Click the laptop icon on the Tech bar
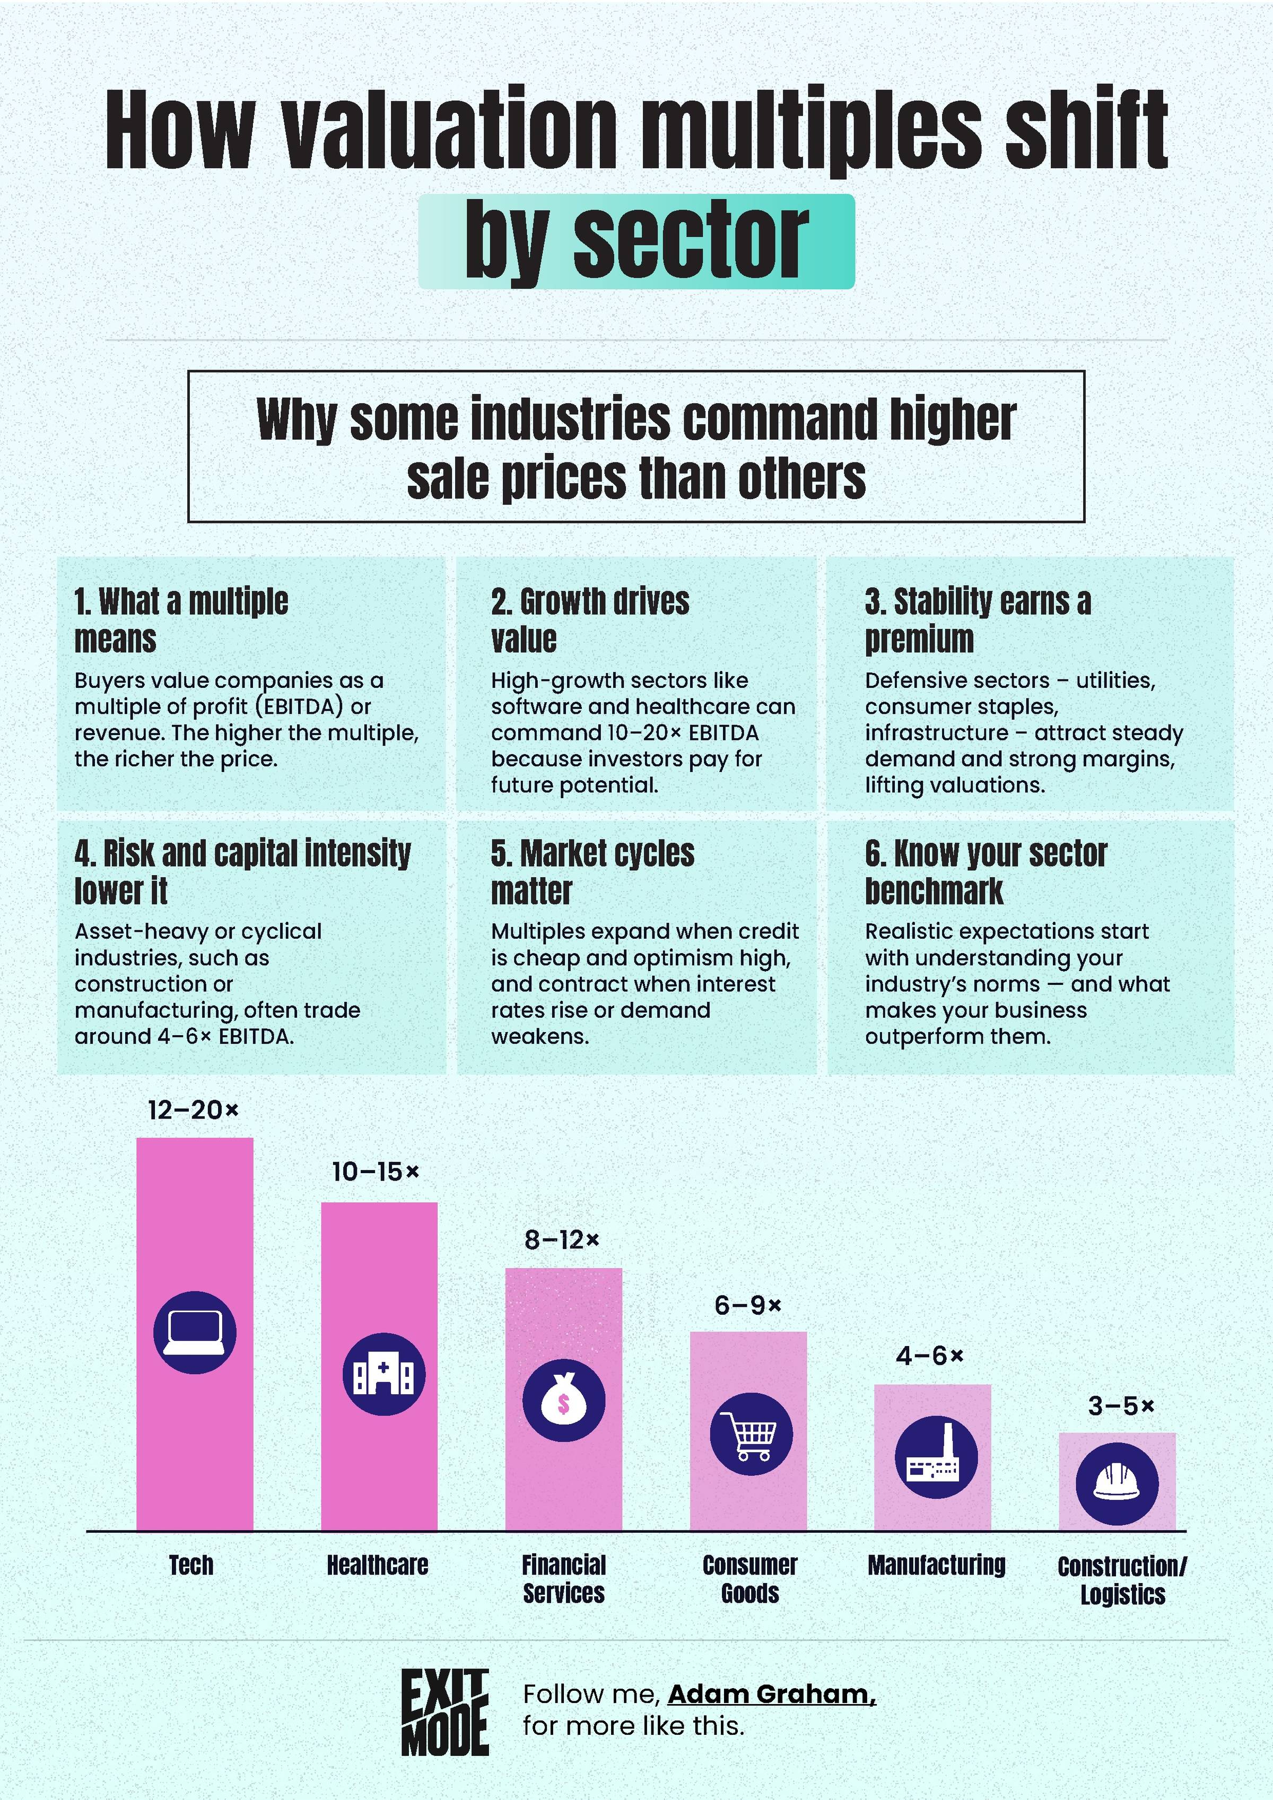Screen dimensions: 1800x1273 tap(195, 1333)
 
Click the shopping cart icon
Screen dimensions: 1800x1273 tap(751, 1434)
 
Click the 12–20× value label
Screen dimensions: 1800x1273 tap(193, 1110)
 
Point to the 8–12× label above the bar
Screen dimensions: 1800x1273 tap(561, 1239)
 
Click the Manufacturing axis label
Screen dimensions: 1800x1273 tap(936, 1566)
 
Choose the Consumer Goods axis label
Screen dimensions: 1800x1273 tap(750, 1579)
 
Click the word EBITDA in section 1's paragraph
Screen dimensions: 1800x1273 tap(300, 706)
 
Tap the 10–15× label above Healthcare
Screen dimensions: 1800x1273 tap(376, 1172)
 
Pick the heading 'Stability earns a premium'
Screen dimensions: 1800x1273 tap(978, 620)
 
